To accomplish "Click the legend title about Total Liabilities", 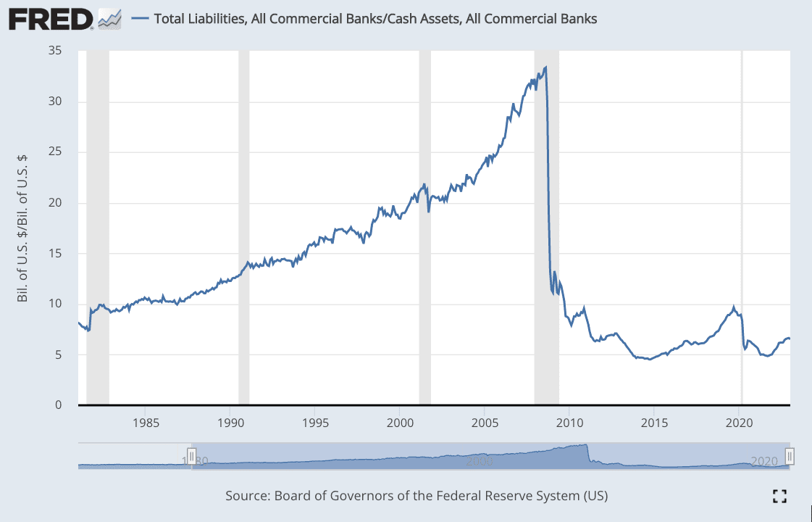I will pos(375,19).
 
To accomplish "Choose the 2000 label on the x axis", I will pos(400,422).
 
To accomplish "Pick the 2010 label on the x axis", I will pos(569,422).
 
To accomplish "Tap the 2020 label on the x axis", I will pos(739,422).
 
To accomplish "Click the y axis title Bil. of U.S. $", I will pos(22,228).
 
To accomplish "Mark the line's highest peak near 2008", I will pos(545,67).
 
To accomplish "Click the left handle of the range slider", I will pos(192,456).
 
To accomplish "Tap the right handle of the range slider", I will pos(790,456).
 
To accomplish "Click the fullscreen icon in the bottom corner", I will pos(779,496).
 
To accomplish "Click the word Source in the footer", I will pos(247,496).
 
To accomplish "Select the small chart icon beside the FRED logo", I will pos(109,19).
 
